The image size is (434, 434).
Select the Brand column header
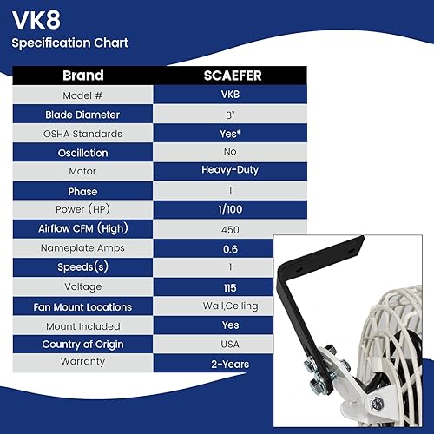coord(83,76)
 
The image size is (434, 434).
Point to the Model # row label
coord(83,95)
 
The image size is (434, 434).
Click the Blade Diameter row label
coord(83,115)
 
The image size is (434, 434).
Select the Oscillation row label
coord(83,153)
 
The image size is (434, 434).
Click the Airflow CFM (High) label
coord(83,229)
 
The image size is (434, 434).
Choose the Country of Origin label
coord(83,345)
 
